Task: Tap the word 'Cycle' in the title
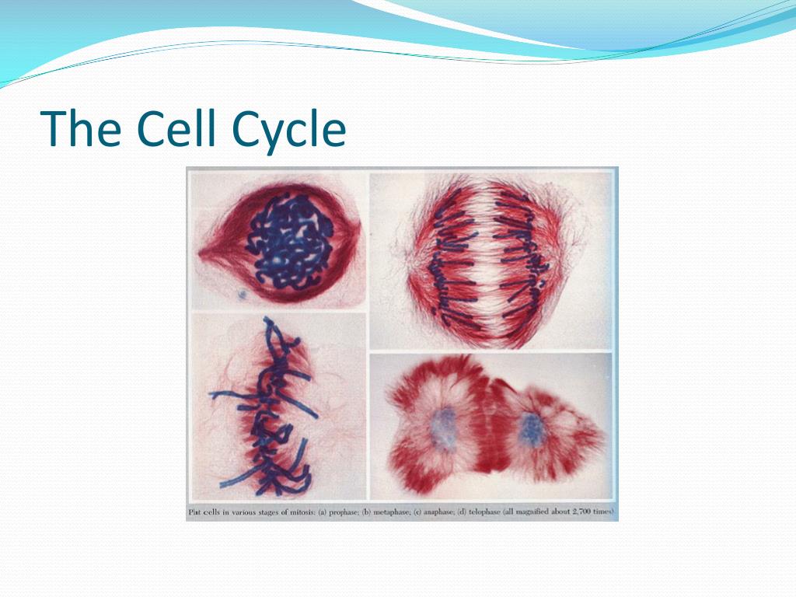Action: click(x=288, y=131)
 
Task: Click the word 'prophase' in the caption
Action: click(x=344, y=512)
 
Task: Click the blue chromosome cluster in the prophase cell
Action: click(x=289, y=243)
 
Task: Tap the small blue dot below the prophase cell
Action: click(x=243, y=294)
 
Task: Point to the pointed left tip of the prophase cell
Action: click(x=200, y=253)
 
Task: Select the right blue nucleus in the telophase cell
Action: click(x=532, y=429)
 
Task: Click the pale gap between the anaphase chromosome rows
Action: click(x=487, y=259)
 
